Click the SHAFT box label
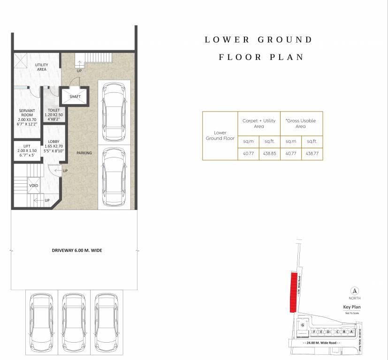pyautogui.click(x=75, y=97)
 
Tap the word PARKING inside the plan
pyautogui.click(x=84, y=153)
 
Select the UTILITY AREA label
pyautogui.click(x=41, y=67)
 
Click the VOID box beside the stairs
pyautogui.click(x=33, y=185)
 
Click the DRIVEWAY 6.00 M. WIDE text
pyautogui.click(x=77, y=250)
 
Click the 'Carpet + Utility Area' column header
pyautogui.click(x=259, y=123)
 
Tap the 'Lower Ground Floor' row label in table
pyautogui.click(x=220, y=135)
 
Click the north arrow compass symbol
pyautogui.click(x=355, y=290)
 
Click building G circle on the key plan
pyautogui.click(x=303, y=325)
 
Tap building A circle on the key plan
pyautogui.click(x=351, y=332)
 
